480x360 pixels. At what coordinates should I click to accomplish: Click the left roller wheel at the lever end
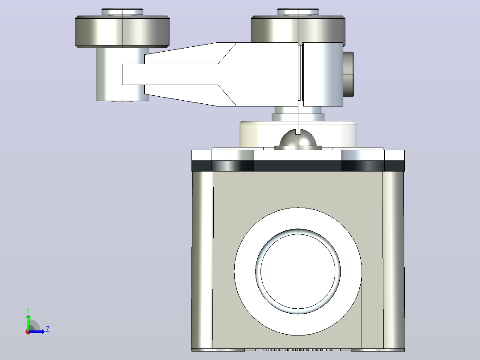[x=122, y=32]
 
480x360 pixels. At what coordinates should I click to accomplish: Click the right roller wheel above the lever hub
[x=298, y=29]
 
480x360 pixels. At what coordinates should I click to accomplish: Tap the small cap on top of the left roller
[x=122, y=12]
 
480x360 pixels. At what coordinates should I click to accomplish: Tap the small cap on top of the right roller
[x=298, y=12]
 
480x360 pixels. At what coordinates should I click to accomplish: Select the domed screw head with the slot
[x=298, y=140]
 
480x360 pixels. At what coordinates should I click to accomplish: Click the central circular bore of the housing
[x=298, y=271]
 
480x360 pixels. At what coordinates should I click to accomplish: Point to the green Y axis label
[x=28, y=310]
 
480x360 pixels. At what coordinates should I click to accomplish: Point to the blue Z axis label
[x=48, y=329]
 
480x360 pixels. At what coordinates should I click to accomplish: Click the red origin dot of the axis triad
[x=28, y=332]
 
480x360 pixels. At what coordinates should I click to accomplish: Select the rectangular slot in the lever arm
[x=170, y=74]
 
